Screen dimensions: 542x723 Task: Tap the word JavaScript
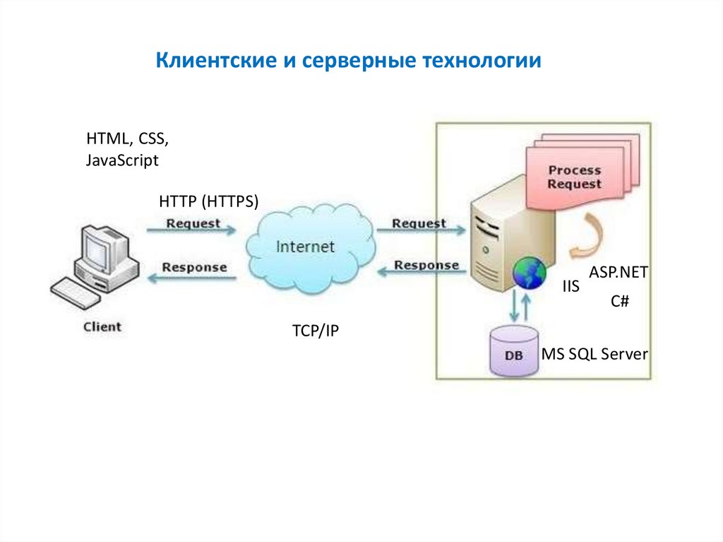(x=122, y=160)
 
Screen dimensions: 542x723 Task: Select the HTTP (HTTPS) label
(x=209, y=201)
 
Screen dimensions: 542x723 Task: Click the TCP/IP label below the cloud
(x=316, y=331)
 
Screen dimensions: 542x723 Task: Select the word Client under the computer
(x=102, y=326)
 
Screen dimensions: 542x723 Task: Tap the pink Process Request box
(x=575, y=177)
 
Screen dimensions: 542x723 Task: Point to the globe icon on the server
(x=530, y=273)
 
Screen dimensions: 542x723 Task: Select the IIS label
(x=570, y=287)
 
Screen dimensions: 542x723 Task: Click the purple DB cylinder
(x=515, y=351)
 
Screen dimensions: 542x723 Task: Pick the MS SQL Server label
(x=594, y=354)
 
